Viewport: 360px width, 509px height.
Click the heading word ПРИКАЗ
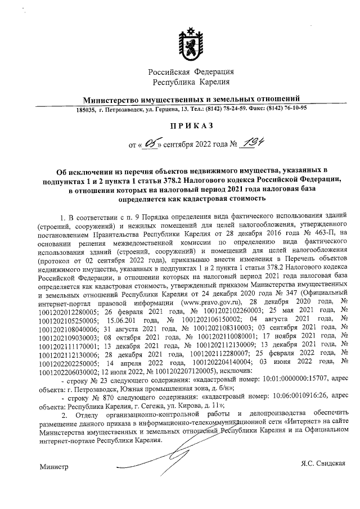(190, 128)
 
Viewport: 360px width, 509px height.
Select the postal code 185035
(87, 109)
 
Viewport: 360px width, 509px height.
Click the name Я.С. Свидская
(322, 462)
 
